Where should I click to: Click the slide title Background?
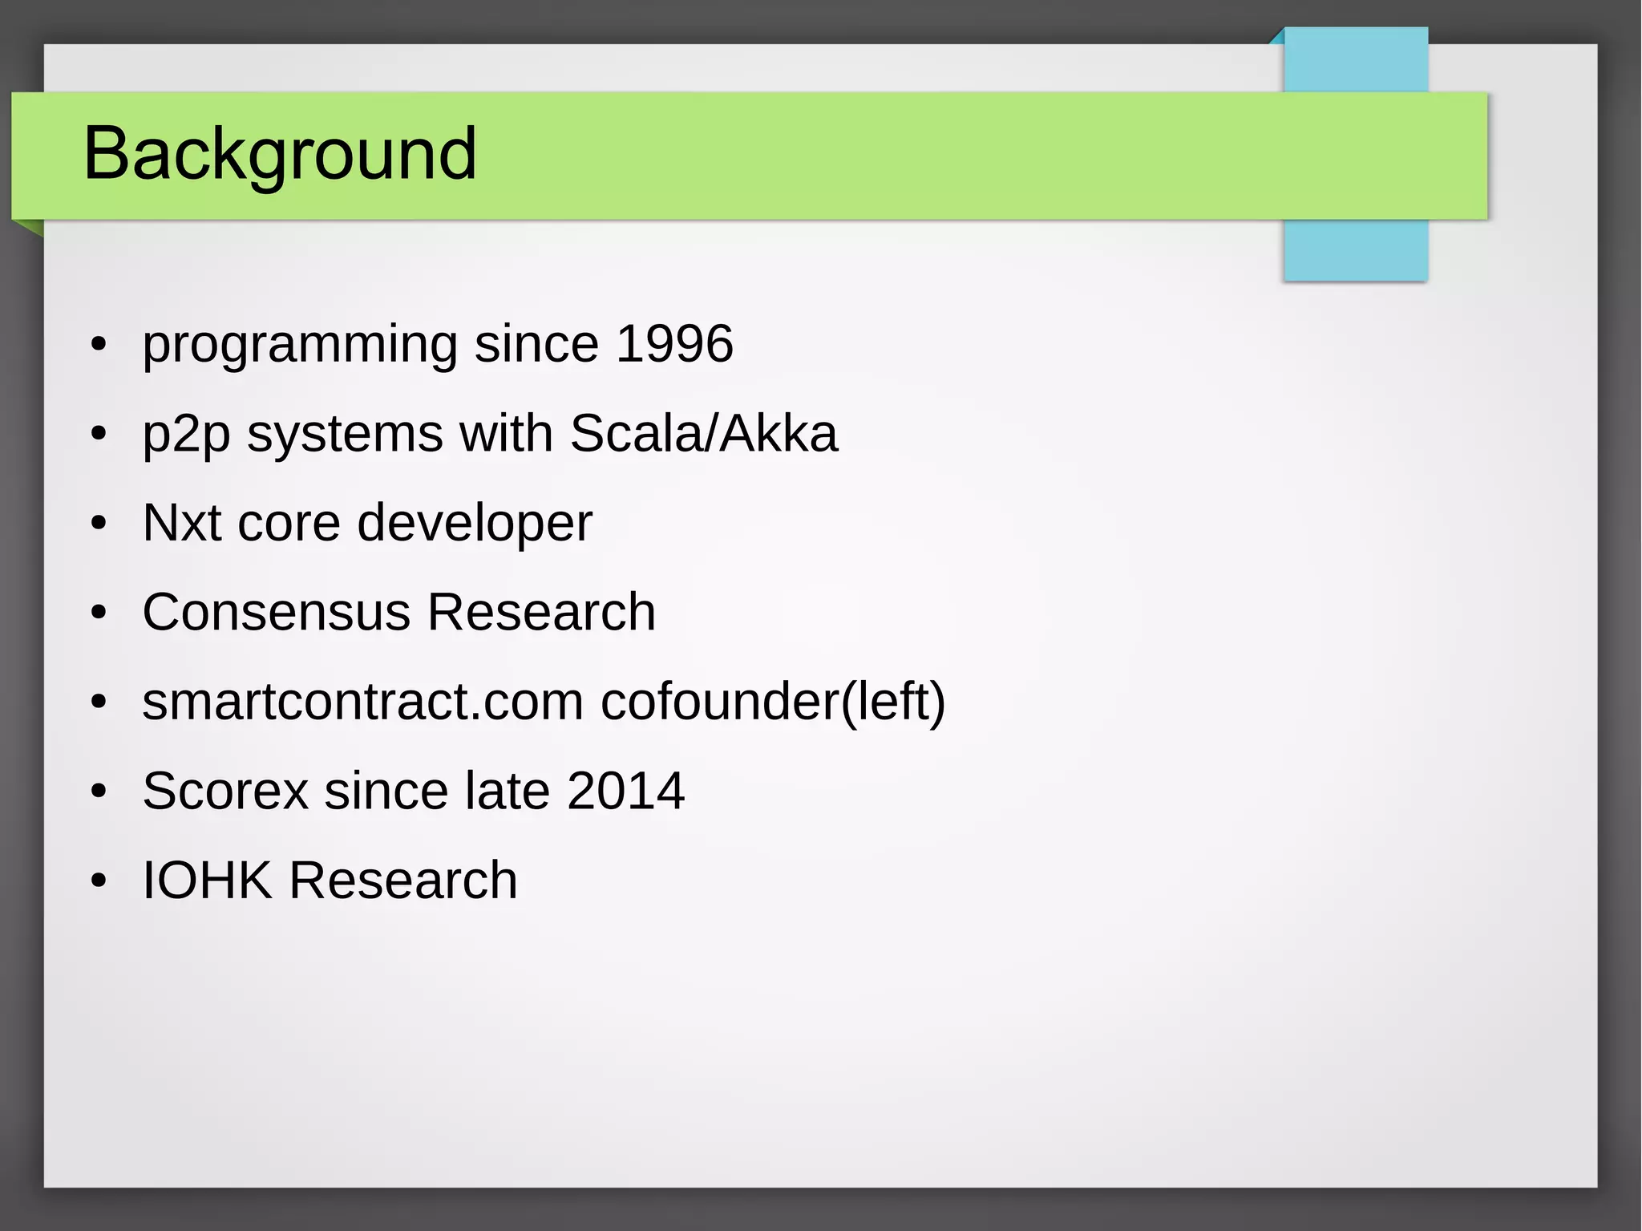[280, 153]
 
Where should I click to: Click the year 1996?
[674, 344]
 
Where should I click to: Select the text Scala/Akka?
[703, 434]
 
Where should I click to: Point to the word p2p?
[186, 435]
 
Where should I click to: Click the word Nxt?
[181, 523]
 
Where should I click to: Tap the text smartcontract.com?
[362, 702]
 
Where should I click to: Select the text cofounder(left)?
[773, 702]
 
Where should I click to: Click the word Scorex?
[225, 792]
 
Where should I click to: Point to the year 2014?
[625, 792]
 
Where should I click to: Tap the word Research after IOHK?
[403, 881]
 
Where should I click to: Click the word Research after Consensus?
[541, 613]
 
